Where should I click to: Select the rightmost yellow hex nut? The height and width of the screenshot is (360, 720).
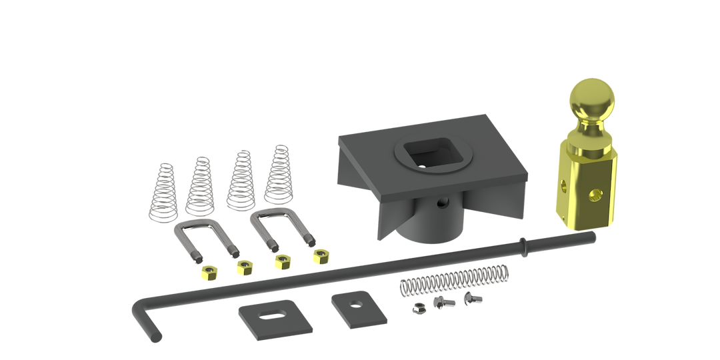pyautogui.click(x=320, y=255)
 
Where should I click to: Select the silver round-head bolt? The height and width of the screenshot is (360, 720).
pyautogui.click(x=473, y=298)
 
